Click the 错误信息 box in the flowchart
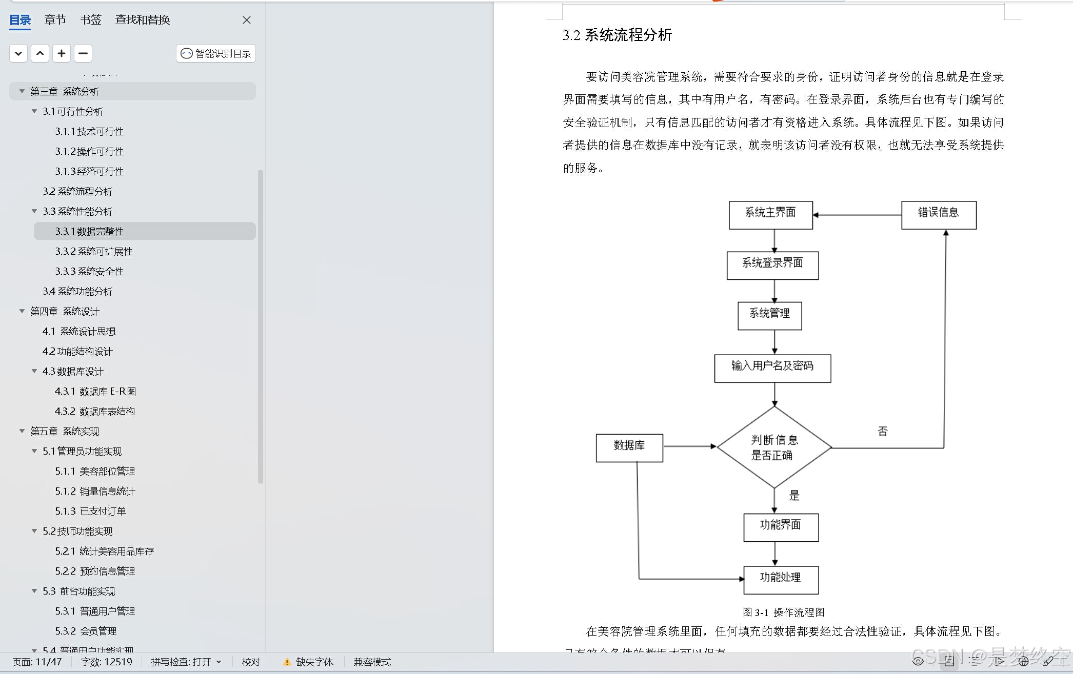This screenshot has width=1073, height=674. coord(939,215)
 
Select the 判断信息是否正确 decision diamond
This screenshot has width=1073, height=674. coord(774,447)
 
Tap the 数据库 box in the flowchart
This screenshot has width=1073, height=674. coord(629,447)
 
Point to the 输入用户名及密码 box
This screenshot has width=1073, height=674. coord(772,368)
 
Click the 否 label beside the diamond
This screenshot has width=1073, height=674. coord(882,431)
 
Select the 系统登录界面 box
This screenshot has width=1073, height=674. coord(772,265)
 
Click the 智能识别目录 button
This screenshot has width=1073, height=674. coord(216,53)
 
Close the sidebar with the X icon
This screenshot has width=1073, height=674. coord(247,20)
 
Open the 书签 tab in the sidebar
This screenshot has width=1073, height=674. coord(91,20)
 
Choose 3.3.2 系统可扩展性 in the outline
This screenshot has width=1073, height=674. coord(94,251)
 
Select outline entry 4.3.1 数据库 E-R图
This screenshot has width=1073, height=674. coord(95,391)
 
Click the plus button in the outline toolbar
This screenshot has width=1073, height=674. coord(62,53)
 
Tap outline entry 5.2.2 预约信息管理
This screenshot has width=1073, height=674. coord(95,571)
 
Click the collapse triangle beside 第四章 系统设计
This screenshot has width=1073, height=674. coord(22,311)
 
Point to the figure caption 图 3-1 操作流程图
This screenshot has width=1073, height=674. coord(783,612)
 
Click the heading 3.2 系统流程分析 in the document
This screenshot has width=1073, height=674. coord(617,35)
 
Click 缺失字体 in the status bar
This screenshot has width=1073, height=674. coord(314,662)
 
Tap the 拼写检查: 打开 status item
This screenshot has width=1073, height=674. coord(185,662)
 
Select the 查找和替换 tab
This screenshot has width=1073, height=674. coord(142,20)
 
